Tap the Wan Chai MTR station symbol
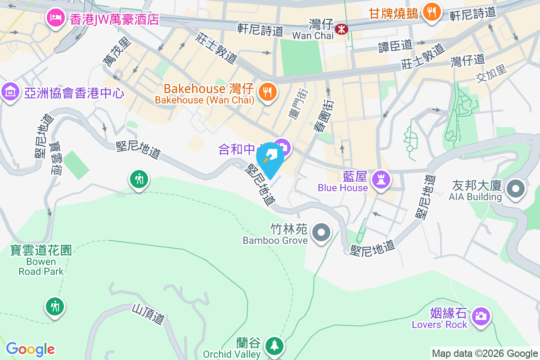(x=342, y=29)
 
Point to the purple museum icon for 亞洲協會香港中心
(x=10, y=92)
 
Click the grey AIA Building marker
(x=516, y=189)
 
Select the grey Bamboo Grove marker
(x=321, y=233)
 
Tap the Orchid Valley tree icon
(x=274, y=345)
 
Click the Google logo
(x=31, y=349)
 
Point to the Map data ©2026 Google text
(x=485, y=354)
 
